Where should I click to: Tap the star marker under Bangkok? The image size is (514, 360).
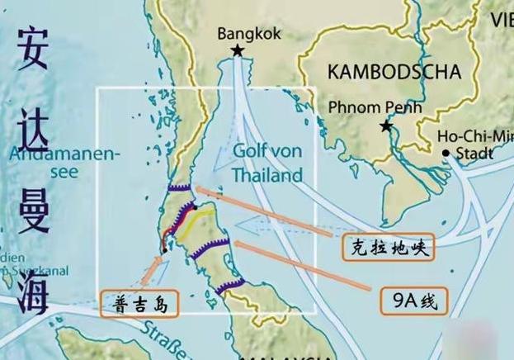238,51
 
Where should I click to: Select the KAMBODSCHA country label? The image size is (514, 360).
394,72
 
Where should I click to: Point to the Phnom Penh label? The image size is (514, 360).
375,107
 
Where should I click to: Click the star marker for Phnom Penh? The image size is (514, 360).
385,126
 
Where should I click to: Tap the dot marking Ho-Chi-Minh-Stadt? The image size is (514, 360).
446,153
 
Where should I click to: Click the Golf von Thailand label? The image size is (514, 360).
266,163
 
